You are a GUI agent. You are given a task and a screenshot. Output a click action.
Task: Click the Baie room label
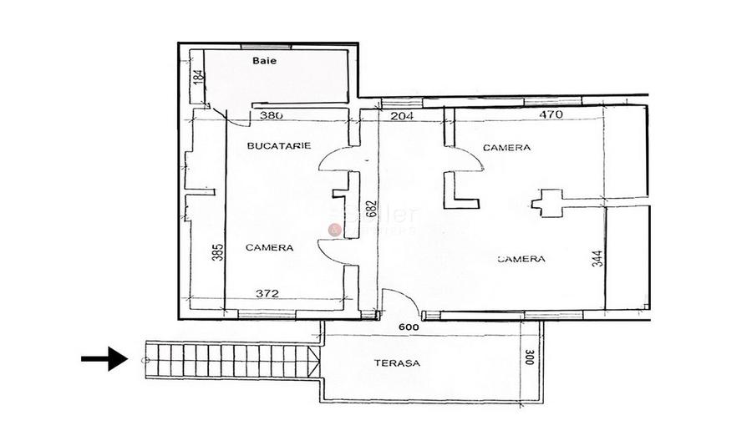pos(265,61)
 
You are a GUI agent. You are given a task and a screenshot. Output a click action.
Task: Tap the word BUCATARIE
pos(279,145)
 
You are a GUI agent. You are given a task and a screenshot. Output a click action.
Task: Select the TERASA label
pos(397,363)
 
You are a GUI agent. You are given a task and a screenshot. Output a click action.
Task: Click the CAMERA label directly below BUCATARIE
pos(269,248)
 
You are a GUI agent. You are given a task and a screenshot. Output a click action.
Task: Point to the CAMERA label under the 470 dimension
pos(506,148)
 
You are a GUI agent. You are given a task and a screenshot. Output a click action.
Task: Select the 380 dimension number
pos(272,116)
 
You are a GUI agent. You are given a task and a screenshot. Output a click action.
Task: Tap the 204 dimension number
pos(403,116)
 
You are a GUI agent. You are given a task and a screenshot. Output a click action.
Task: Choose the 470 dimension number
pos(551,116)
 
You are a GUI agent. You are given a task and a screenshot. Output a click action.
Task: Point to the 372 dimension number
pos(267,293)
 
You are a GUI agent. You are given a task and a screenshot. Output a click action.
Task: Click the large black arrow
pos(104,359)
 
